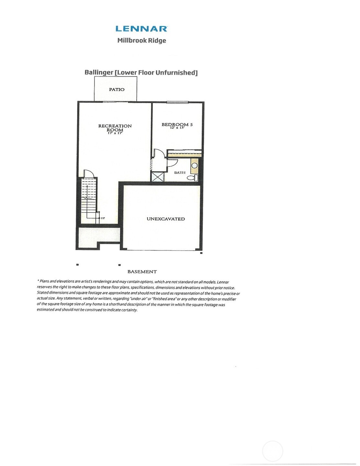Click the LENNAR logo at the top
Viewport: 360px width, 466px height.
tap(141, 29)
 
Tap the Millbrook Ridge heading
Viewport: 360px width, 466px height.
tap(141, 40)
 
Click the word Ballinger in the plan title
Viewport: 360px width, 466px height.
tap(99, 72)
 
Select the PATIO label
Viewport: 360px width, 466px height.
tap(117, 89)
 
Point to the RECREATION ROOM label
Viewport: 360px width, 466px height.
tap(115, 128)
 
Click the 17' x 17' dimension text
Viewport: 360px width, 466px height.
tap(115, 133)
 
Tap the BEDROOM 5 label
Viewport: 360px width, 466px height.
tap(177, 124)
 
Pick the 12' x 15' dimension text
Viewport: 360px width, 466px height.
tap(177, 128)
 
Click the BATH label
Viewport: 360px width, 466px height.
tap(180, 173)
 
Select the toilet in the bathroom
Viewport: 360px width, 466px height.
tap(192, 177)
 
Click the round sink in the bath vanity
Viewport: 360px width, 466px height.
tap(195, 165)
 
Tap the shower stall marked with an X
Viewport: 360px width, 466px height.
tap(158, 177)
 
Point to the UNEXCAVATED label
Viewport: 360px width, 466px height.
tap(166, 219)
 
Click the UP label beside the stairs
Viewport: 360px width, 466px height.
tap(103, 218)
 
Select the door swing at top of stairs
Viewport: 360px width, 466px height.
tap(89, 174)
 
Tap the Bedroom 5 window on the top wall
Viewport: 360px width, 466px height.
tap(177, 103)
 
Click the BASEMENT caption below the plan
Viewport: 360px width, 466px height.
tap(142, 272)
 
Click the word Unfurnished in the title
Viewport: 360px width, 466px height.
tap(176, 73)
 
